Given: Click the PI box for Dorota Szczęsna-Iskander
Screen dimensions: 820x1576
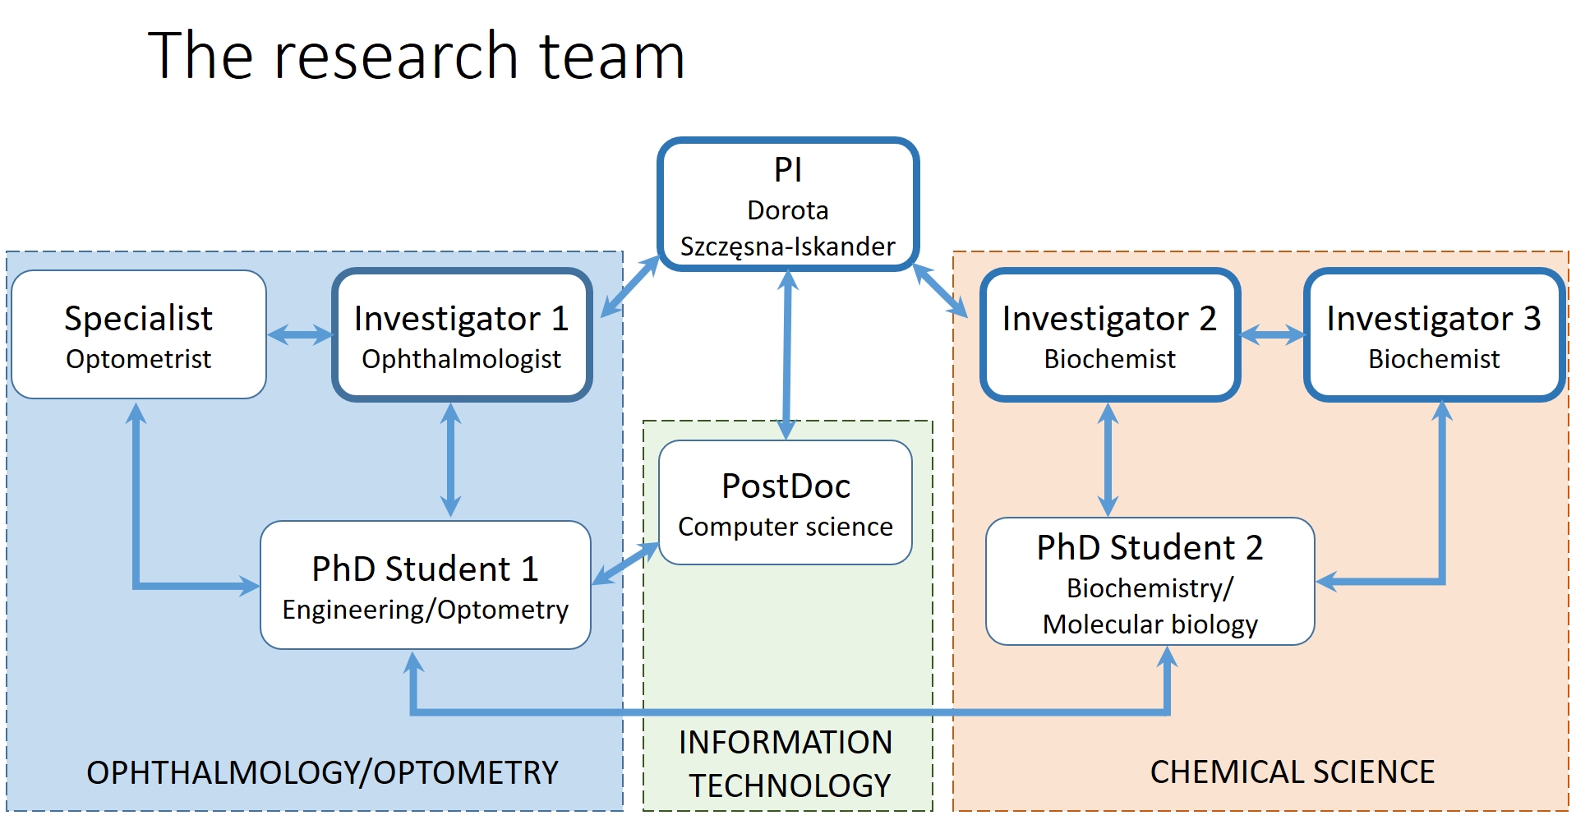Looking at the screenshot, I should (787, 205).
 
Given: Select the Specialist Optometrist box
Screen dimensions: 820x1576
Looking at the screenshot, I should (138, 335).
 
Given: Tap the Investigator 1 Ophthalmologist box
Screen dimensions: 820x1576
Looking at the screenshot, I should (461, 335).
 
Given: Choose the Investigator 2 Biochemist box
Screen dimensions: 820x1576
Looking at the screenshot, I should (1109, 335).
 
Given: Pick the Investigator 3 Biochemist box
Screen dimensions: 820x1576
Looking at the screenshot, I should (1433, 335).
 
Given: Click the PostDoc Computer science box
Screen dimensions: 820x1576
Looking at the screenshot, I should (785, 503).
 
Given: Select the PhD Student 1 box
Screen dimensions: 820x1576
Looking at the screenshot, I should (425, 585).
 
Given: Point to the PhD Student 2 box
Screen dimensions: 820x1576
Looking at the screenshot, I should (1150, 582).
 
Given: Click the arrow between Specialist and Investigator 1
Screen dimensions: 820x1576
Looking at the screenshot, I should (300, 334).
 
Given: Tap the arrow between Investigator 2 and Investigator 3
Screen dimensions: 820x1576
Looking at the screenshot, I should (1272, 334).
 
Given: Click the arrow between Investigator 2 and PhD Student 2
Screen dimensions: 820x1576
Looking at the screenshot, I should (1108, 459).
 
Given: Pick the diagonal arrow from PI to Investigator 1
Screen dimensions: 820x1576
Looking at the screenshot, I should (630, 287).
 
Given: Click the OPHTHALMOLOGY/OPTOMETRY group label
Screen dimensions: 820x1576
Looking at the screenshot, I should (322, 772).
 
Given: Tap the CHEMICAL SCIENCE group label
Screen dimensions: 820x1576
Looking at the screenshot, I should (1292, 772).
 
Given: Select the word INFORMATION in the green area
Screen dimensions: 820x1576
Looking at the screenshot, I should (785, 743).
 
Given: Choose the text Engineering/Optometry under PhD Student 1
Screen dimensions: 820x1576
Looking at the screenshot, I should (425, 610).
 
